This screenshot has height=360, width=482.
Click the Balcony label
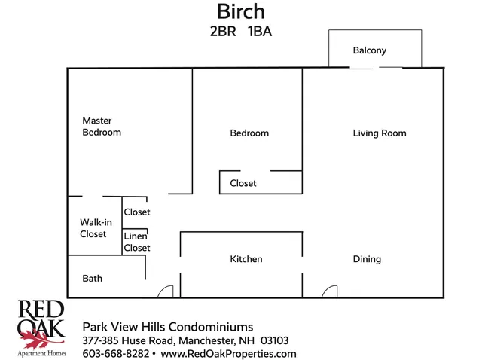click(x=369, y=50)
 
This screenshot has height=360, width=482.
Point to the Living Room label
click(x=379, y=133)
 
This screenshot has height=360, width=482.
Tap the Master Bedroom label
click(x=102, y=126)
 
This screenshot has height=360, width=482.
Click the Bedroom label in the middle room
click(x=249, y=133)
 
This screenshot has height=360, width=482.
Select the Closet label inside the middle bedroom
click(x=243, y=183)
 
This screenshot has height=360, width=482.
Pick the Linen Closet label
click(x=136, y=242)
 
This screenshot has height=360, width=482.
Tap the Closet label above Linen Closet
click(x=137, y=212)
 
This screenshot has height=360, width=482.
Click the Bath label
click(x=92, y=279)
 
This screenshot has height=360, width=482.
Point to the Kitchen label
click(x=246, y=259)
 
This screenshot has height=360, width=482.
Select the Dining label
click(x=367, y=259)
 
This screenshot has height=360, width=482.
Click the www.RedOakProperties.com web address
click(x=228, y=353)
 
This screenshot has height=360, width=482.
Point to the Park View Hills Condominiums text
click(x=167, y=326)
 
